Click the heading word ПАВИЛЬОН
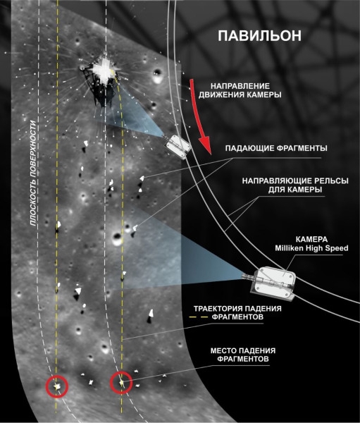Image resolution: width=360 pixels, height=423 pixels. click(x=259, y=36)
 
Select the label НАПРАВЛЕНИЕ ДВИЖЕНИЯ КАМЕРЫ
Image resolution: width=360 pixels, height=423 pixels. click(x=240, y=90)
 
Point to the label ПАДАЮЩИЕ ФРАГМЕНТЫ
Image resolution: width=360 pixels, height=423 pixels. click(x=276, y=148)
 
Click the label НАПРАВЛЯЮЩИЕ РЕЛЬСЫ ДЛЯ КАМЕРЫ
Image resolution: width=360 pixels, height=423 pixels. click(x=295, y=185)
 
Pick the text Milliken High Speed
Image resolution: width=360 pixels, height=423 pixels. click(x=311, y=248)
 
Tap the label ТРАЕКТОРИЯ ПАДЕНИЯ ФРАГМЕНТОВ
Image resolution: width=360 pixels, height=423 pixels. click(x=237, y=312)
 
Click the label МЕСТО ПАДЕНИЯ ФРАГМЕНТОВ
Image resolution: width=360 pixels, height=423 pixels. click(x=243, y=355)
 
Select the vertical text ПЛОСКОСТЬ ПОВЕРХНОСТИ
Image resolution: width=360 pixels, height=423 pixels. click(x=33, y=173)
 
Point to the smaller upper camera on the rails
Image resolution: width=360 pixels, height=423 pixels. click(x=178, y=146)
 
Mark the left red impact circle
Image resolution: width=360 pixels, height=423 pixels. click(x=57, y=386)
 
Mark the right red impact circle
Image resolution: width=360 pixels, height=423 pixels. click(x=121, y=382)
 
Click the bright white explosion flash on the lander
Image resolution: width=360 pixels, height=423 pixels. click(x=103, y=70)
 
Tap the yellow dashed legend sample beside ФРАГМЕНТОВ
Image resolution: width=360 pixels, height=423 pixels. click(x=198, y=317)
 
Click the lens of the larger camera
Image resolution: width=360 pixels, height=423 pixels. click(x=246, y=276)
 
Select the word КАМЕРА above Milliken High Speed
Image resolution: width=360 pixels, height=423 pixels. click(x=311, y=239)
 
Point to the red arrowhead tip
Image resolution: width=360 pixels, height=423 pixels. click(x=211, y=154)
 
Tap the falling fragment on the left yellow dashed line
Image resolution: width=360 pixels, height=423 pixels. click(x=58, y=226)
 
